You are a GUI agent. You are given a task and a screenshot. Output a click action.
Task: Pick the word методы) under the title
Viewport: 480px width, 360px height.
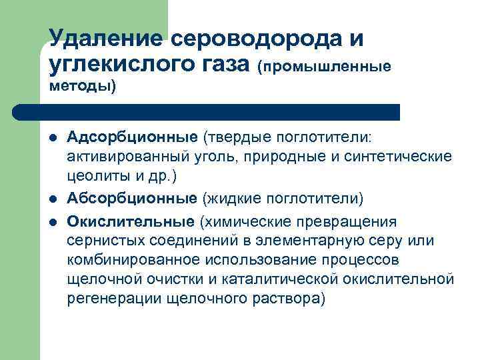(x=83, y=87)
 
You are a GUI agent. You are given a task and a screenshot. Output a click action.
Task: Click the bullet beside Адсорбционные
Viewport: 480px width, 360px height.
(x=53, y=138)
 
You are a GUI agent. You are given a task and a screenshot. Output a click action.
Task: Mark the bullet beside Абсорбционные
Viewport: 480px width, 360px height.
(x=53, y=199)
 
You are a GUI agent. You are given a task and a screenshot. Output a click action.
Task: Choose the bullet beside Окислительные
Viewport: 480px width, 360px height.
(x=53, y=222)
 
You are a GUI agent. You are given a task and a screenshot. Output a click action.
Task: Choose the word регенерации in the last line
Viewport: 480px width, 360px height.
(x=105, y=298)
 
